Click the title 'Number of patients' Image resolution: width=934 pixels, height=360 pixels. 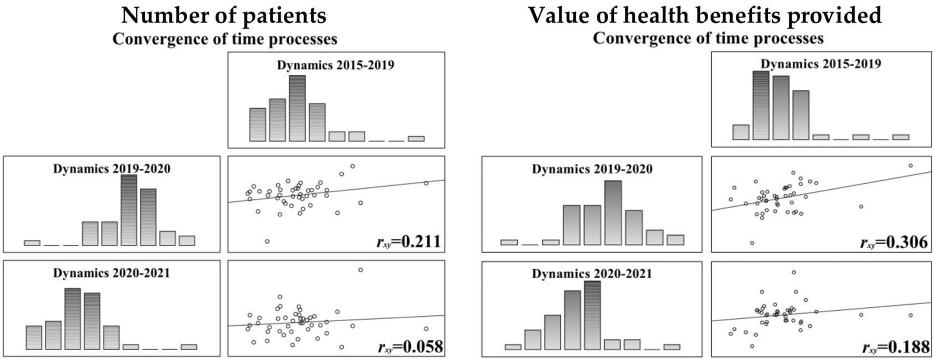coord(224,16)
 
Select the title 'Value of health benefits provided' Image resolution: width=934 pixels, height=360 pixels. coord(705,16)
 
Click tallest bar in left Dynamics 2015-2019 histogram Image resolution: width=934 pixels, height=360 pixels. coord(297,108)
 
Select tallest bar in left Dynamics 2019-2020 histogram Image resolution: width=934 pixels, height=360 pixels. coord(129,210)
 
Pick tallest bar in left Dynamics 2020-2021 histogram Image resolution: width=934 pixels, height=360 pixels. coord(72,319)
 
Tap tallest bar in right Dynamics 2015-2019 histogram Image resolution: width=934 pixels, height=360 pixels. coord(761,105)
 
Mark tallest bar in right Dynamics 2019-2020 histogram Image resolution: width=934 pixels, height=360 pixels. coord(613,213)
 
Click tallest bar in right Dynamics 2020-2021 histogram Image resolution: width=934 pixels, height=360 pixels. coord(592,315)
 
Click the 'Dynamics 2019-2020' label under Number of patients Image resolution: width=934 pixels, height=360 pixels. coord(112,168)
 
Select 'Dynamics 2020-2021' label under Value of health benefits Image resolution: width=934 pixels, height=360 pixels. coord(592,273)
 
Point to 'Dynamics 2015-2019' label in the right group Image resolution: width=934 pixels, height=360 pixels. coord(821,64)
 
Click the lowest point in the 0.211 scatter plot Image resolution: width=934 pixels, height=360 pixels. coord(267,241)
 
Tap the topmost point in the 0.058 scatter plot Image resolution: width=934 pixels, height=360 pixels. coord(360,270)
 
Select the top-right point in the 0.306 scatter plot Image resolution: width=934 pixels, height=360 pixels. coord(910,166)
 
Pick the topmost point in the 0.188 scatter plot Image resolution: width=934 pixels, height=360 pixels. coord(794,272)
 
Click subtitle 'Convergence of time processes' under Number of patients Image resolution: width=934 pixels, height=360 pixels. coord(225,39)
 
